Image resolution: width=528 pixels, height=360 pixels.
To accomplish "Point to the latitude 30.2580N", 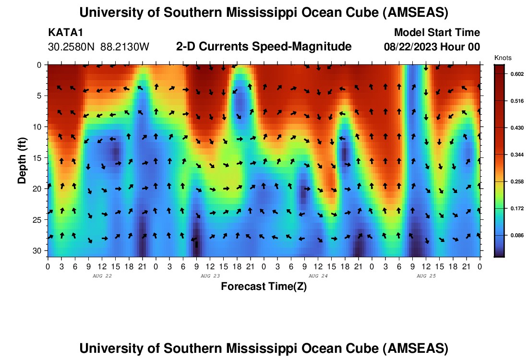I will [x=72, y=47].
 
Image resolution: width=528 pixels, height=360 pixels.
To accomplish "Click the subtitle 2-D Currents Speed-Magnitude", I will [x=264, y=47].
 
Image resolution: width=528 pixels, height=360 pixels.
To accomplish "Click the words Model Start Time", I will [x=437, y=33].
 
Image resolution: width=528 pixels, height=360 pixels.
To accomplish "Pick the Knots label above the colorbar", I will [x=503, y=58].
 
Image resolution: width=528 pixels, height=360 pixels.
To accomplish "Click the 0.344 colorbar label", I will [x=516, y=155].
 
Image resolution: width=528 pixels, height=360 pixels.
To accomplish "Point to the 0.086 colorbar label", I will [x=516, y=236].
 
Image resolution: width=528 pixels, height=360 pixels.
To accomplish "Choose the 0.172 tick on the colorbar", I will [x=516, y=209].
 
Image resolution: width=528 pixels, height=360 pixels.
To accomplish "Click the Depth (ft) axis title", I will [x=22, y=158].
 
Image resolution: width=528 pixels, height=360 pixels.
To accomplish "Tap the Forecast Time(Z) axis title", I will [x=264, y=287].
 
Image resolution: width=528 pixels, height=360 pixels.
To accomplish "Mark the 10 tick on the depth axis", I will [x=39, y=127].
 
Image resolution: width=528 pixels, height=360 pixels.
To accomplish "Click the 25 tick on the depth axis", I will [x=39, y=220].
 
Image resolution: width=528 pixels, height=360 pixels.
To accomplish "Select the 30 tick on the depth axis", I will [x=39, y=251].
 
